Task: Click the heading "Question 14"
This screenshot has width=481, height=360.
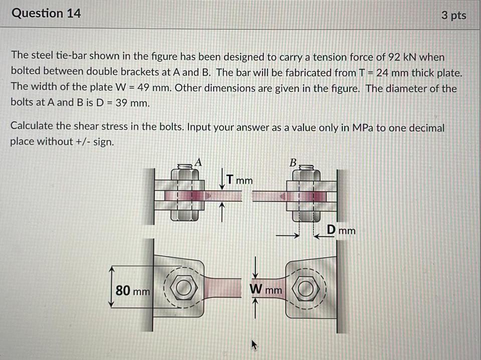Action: click(46, 14)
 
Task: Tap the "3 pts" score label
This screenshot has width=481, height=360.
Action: click(453, 16)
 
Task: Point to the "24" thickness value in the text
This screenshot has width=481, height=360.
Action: click(382, 73)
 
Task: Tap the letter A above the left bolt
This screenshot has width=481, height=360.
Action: click(198, 161)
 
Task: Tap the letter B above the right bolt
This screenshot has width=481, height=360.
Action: click(293, 162)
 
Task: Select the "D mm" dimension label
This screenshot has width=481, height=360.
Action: click(341, 230)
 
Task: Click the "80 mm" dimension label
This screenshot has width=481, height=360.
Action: click(132, 290)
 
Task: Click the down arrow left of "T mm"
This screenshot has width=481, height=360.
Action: click(221, 178)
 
